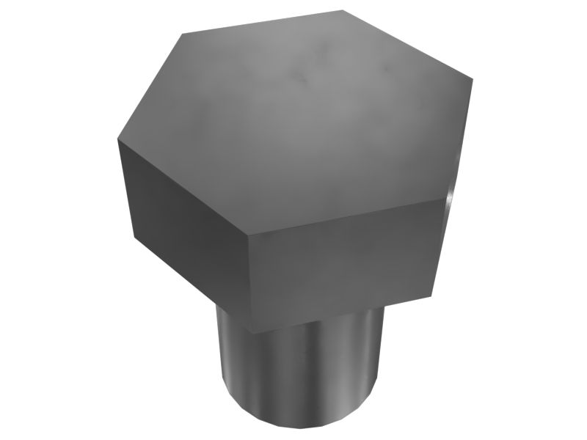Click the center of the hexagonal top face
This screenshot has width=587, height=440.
point(293,123)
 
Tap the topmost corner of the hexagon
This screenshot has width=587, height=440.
point(344,10)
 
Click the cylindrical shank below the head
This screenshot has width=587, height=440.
point(301,367)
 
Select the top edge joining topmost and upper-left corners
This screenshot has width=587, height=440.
point(262,22)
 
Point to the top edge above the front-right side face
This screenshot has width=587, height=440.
point(345,216)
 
